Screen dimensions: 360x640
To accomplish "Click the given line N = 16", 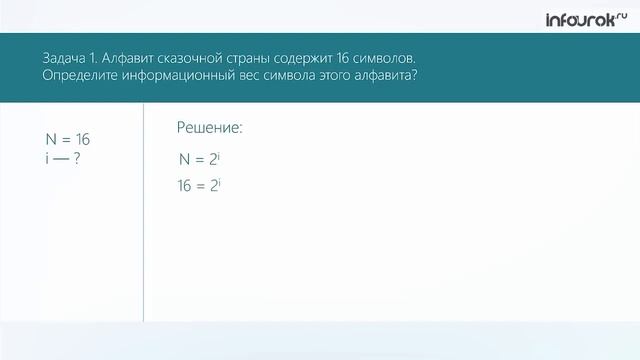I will pyautogui.click(x=54, y=139).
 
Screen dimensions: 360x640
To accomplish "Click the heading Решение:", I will pyautogui.click(x=210, y=128).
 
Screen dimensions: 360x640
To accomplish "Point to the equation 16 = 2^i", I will pyautogui.click(x=198, y=185).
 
